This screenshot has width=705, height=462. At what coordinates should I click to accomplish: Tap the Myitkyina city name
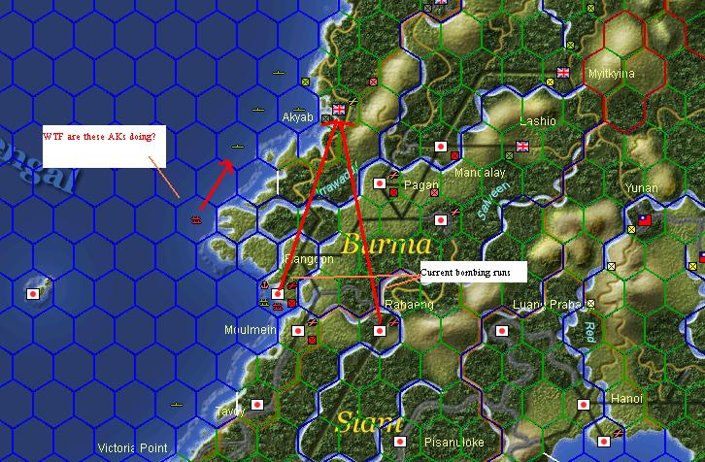pos(611,74)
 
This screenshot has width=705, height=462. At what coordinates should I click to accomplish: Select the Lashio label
pos(538,121)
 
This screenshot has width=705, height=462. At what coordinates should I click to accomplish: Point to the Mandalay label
pos(480,173)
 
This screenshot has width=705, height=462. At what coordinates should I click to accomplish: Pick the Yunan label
pos(642,188)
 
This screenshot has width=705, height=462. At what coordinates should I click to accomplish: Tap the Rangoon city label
pos(308,260)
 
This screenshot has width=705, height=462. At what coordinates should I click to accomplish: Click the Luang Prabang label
pos(546,307)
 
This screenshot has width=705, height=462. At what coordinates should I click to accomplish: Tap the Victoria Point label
pos(133,448)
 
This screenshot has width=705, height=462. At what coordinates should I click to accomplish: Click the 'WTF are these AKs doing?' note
pos(104,137)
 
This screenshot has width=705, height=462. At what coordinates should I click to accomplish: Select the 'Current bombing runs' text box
pos(473,272)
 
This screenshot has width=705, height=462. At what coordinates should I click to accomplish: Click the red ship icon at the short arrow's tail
pos(197,220)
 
